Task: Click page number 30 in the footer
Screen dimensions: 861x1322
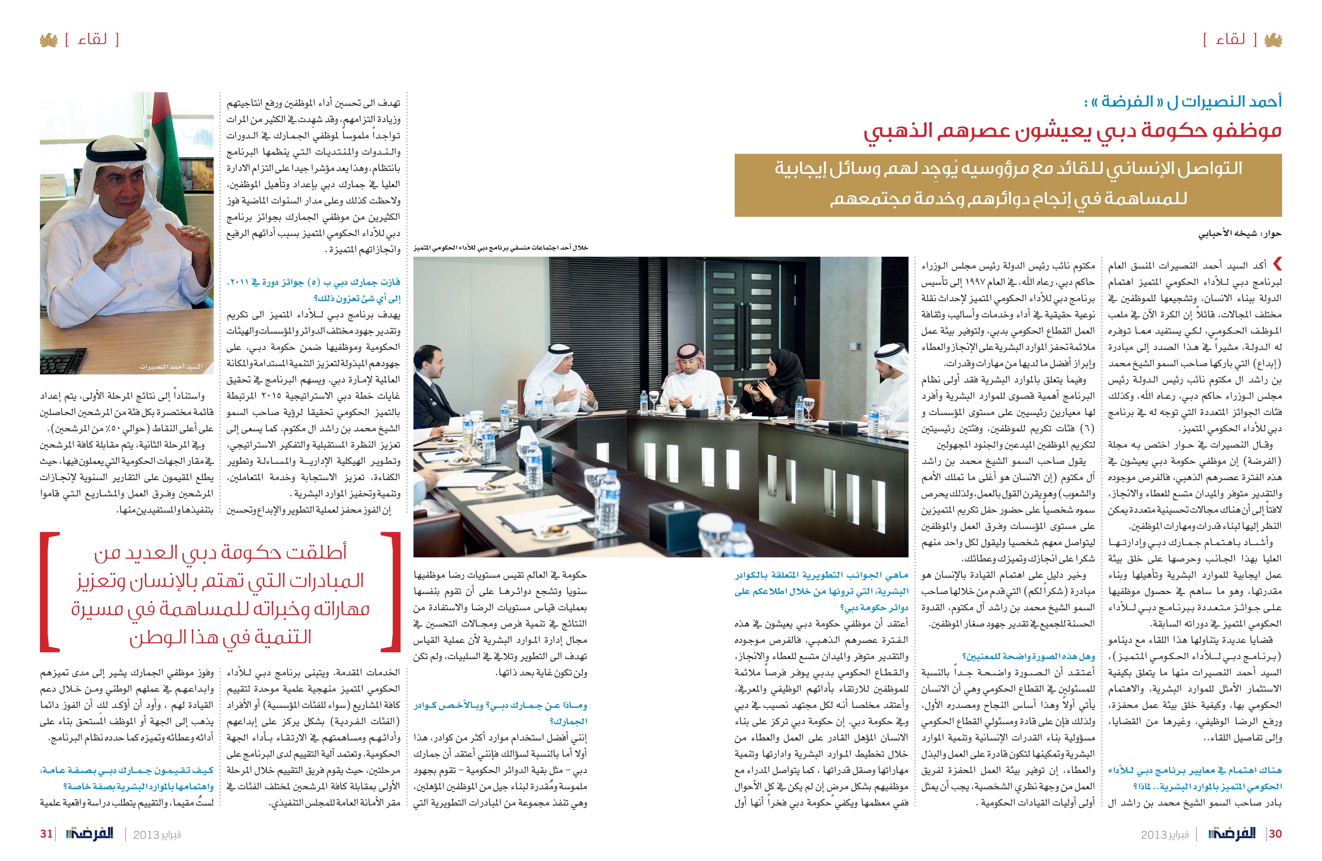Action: (x=1275, y=834)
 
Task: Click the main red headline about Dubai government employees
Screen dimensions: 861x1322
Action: (x=1072, y=131)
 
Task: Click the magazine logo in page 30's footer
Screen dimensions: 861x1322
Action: (x=1232, y=834)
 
